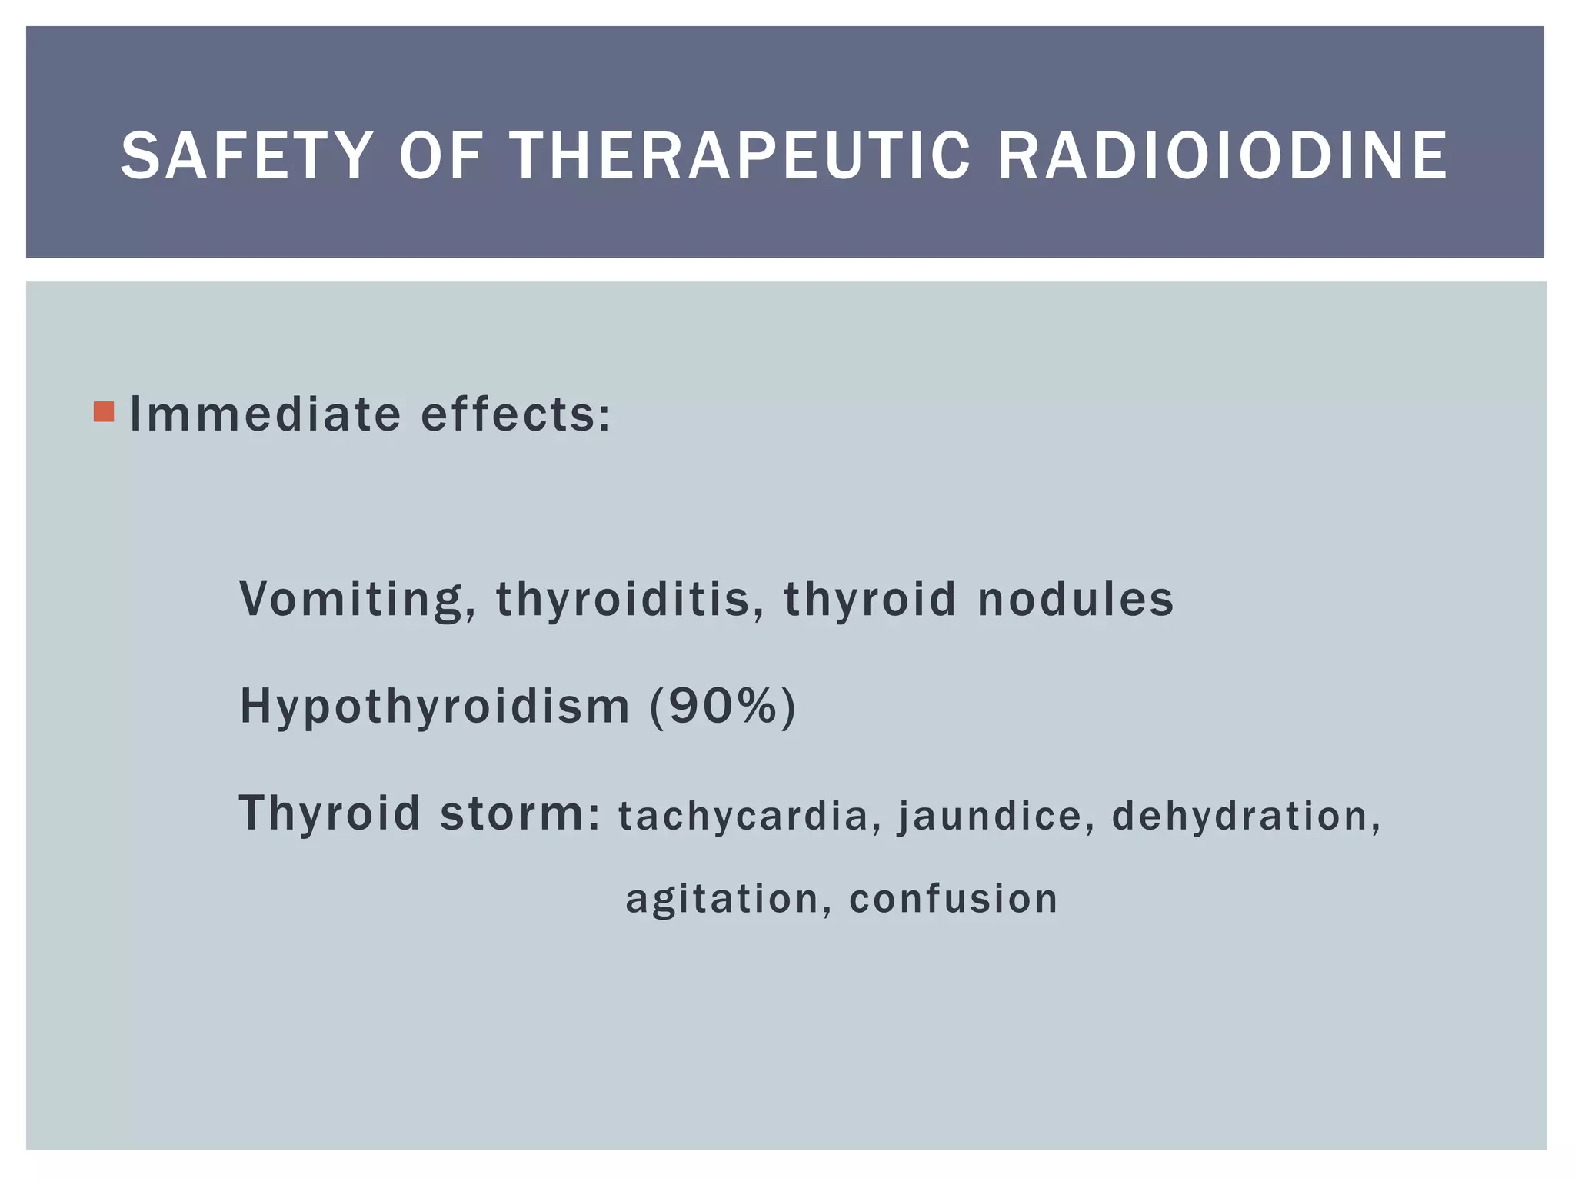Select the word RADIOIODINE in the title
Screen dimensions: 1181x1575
1222,156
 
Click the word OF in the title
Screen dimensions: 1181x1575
440,156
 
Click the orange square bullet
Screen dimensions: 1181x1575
104,412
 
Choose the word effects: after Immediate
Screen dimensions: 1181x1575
516,414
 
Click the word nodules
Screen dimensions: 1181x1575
1075,598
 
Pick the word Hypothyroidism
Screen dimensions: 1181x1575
435,706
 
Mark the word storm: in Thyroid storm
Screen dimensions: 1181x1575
520,813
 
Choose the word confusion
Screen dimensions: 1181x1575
954,898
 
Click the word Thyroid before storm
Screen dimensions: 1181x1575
330,813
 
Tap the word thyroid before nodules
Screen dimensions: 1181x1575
870,598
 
